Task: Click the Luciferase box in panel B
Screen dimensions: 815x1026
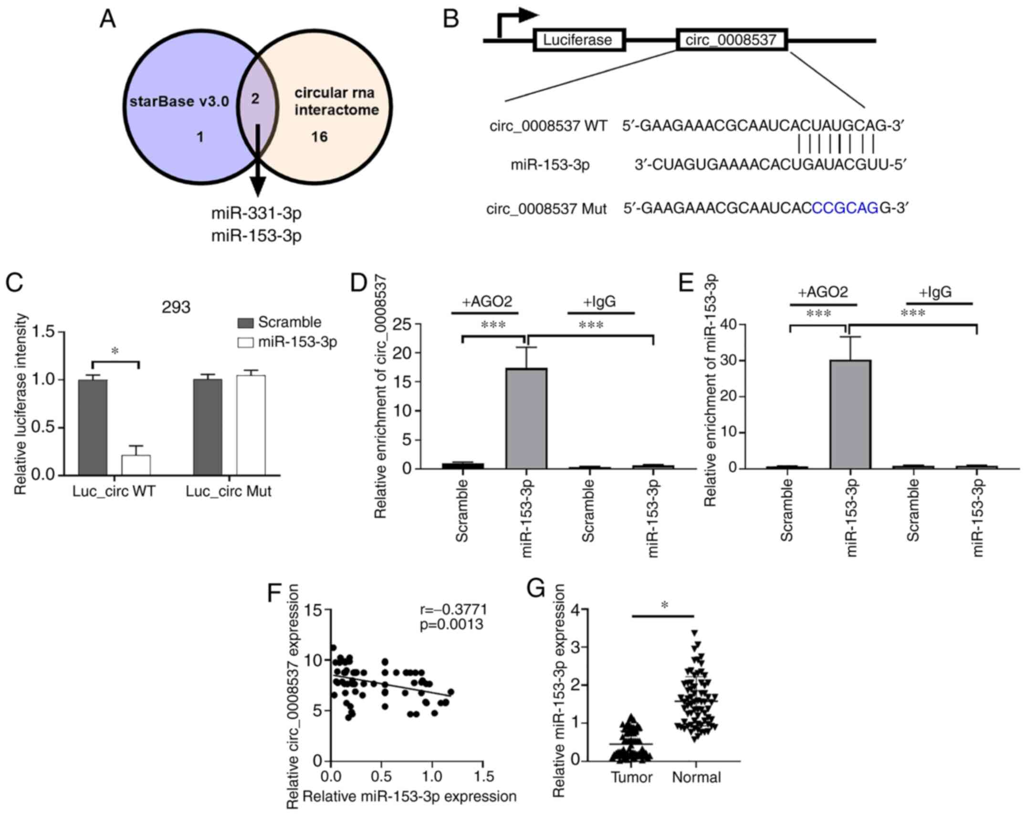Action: (578, 40)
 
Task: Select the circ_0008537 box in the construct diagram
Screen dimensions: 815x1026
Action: (731, 40)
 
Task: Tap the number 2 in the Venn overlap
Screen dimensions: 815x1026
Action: (255, 99)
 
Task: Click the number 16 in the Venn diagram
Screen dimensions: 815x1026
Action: (319, 137)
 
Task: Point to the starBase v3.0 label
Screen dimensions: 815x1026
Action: (179, 102)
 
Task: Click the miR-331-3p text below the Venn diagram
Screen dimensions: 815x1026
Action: (256, 213)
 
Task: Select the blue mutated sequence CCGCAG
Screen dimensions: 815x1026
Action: (845, 209)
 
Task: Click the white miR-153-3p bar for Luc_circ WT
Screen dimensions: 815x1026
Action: (136, 465)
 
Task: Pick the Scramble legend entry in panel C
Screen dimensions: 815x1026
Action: (280, 322)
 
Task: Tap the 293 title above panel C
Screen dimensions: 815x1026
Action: (176, 307)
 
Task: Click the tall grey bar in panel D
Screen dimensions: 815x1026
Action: (526, 418)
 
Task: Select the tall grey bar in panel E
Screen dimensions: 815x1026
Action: (850, 414)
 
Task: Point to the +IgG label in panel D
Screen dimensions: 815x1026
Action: (599, 302)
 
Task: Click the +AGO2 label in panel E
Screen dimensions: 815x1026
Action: (823, 292)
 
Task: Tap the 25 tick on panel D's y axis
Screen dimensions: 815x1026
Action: (402, 325)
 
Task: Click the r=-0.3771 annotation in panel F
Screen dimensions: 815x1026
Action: (453, 609)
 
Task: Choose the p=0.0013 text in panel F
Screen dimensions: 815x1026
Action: (451, 625)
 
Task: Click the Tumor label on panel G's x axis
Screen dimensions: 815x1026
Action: (631, 777)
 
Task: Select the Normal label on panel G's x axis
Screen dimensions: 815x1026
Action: (696, 777)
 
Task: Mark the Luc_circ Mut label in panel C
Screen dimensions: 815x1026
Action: (229, 491)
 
